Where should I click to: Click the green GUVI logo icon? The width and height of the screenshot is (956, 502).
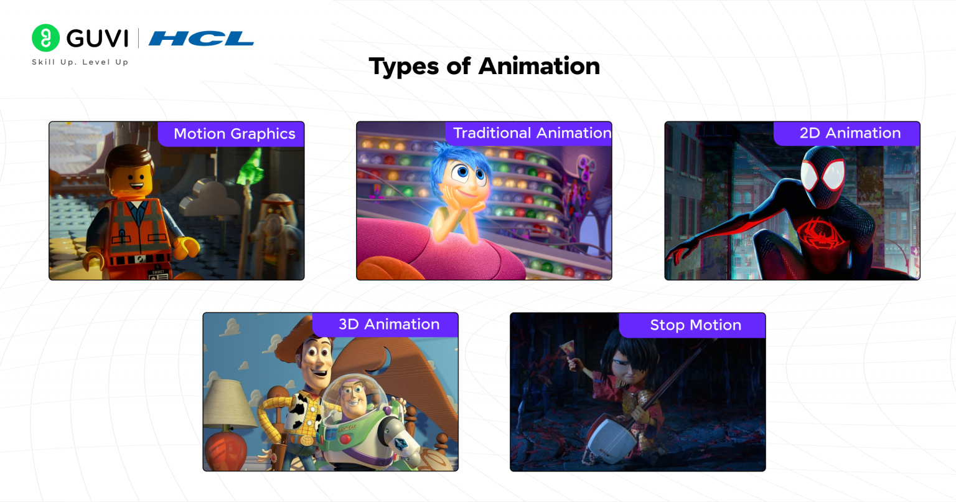[45, 38]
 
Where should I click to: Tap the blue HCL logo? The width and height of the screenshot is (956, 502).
[201, 39]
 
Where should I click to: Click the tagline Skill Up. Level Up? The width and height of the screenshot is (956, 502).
[80, 62]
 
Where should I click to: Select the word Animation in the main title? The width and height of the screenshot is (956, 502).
[539, 66]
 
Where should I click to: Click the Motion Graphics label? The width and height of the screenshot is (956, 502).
[234, 134]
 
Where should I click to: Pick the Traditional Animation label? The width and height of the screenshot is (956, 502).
[532, 133]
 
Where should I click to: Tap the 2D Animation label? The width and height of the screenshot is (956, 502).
[850, 133]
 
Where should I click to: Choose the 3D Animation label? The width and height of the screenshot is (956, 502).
[389, 324]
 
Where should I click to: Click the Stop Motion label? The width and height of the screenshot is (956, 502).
[695, 325]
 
